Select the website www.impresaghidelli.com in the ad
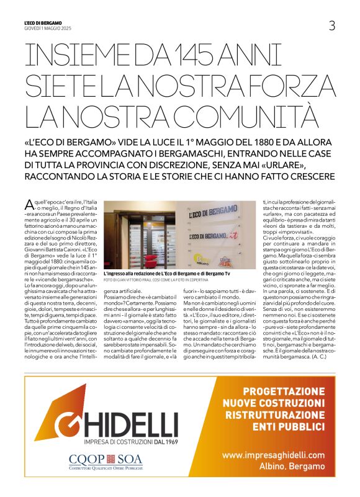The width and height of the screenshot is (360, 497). pos(273,455)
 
